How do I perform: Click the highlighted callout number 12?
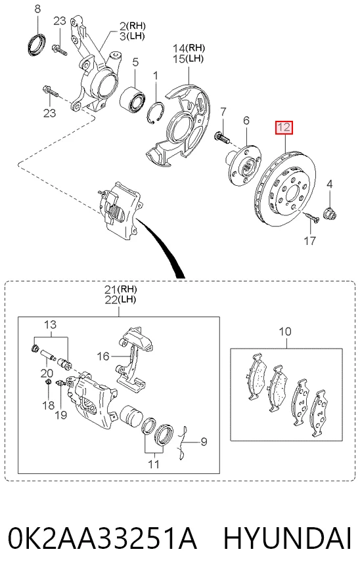click(x=284, y=127)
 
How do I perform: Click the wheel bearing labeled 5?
click(x=133, y=98)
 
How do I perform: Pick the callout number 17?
click(x=310, y=240)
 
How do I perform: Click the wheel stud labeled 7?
click(x=223, y=137)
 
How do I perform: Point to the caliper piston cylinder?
click(x=131, y=416)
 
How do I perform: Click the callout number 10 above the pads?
click(x=285, y=332)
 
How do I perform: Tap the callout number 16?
click(x=103, y=356)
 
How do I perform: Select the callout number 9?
click(x=204, y=442)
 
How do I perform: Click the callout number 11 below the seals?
click(x=154, y=464)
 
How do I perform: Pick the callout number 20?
click(x=47, y=373)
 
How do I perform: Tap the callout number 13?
click(x=50, y=324)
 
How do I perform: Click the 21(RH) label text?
click(x=120, y=289)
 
